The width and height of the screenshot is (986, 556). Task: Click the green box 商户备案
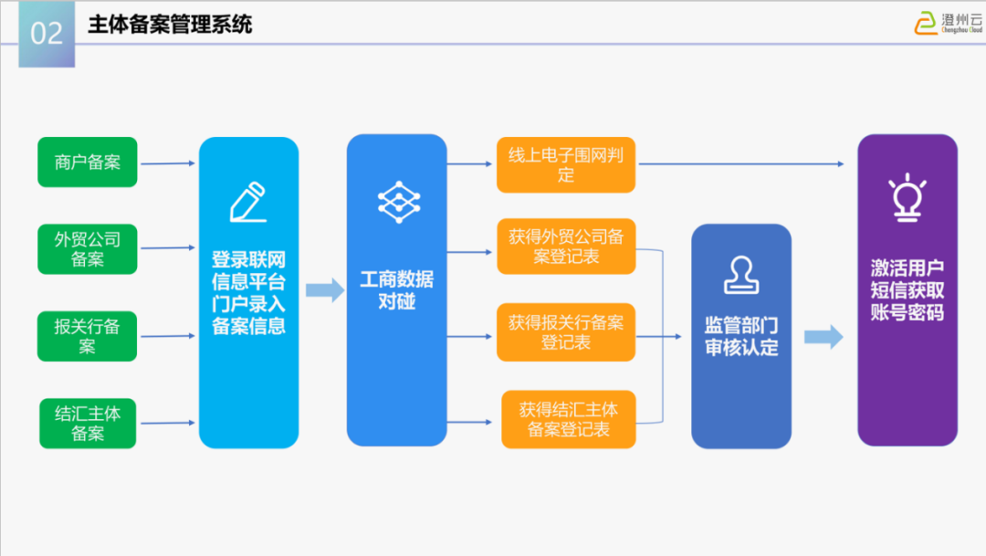[x=88, y=163]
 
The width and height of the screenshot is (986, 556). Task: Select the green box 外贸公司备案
[x=88, y=249]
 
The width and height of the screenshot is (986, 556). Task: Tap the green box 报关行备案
[x=88, y=336]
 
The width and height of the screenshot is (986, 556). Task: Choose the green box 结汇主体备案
[x=88, y=423]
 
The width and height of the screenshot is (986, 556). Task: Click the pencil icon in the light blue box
[x=247, y=203]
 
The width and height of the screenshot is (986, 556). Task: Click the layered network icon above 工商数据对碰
[x=398, y=203]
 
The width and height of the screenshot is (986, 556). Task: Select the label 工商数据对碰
[x=397, y=289]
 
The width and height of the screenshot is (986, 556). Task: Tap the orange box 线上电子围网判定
[x=566, y=165]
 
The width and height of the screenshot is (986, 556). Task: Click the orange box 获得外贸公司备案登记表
[x=566, y=247]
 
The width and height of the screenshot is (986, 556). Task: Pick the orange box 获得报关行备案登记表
[x=566, y=331]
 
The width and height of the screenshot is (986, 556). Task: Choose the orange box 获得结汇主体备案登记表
[x=569, y=419]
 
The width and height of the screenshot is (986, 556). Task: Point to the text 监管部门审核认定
[x=741, y=336]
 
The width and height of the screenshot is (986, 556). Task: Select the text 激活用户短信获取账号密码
[x=907, y=289]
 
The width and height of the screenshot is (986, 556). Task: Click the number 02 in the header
[x=47, y=34]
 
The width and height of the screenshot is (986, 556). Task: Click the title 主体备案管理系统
[x=170, y=25]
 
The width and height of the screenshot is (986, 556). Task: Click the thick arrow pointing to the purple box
[x=823, y=337]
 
